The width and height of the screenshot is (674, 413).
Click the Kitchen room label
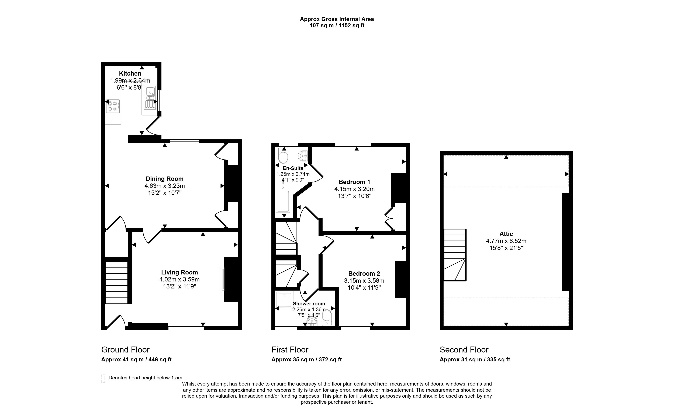pos(130,73)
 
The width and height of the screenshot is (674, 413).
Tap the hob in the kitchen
pos(113,106)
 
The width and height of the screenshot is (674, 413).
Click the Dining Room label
pos(164,179)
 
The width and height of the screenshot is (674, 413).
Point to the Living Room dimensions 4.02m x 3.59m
pos(179,279)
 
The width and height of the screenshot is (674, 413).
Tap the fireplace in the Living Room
pos(222,279)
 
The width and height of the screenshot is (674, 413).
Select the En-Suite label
pos(293,168)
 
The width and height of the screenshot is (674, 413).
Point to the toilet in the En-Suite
pos(283,155)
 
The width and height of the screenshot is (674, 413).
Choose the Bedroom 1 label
pos(354,182)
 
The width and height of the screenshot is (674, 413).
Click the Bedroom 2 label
pos(364,274)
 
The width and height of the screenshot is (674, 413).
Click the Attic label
pos(506,234)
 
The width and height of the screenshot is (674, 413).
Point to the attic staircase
pos(455,255)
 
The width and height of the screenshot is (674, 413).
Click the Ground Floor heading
pos(125,350)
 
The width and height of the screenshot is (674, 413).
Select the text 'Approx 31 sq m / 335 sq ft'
pos(475,359)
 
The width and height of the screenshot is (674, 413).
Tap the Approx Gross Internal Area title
pos(337,19)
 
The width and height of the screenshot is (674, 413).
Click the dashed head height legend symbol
pos(103,379)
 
